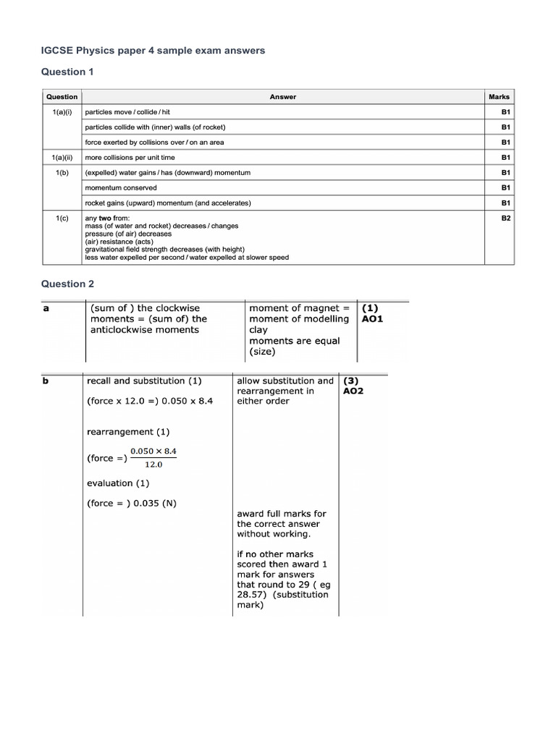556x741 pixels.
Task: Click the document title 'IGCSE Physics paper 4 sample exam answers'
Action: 152,51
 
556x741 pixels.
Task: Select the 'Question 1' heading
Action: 67,72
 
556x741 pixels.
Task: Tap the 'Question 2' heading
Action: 67,284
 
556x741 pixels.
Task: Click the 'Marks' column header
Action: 499,97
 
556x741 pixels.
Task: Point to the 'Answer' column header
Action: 282,97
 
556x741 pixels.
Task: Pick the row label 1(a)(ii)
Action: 62,157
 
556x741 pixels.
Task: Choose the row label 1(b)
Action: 62,172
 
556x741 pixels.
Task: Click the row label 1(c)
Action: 62,218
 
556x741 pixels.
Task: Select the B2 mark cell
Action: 505,218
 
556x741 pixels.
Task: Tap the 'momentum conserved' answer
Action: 121,187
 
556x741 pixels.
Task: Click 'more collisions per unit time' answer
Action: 130,157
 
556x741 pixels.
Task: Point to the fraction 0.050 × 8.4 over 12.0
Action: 153,458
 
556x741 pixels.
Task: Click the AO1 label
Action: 373,318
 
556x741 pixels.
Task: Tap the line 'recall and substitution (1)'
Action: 144,381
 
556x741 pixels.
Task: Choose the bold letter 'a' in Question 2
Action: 46,308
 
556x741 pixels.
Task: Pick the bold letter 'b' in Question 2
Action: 46,381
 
